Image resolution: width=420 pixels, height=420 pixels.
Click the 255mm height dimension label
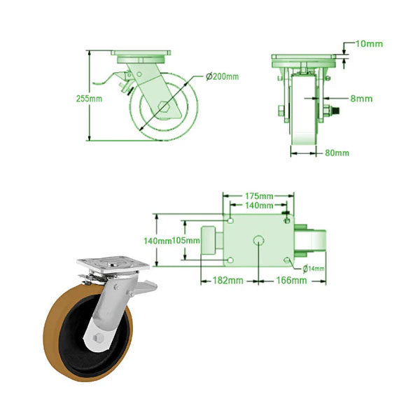(x=90, y=99)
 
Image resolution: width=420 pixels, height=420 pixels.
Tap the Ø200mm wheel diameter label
(x=223, y=76)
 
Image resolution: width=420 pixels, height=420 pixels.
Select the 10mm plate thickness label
(x=368, y=44)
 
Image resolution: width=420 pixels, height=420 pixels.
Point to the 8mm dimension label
(x=360, y=99)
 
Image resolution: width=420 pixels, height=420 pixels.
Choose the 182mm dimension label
(x=227, y=281)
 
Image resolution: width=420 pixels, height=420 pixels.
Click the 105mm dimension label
(x=186, y=241)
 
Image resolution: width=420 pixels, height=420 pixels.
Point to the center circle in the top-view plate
(x=258, y=241)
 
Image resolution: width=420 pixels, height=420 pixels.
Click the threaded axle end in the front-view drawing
(x=335, y=110)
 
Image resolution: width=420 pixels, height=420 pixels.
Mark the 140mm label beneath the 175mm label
(x=258, y=205)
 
